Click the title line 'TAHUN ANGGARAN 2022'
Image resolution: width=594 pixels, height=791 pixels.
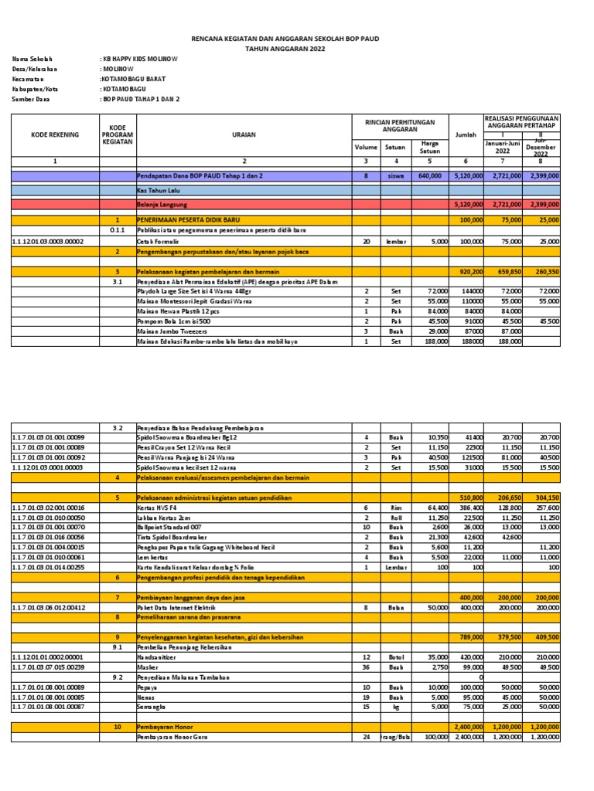286,48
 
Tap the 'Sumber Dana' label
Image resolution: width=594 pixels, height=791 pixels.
30,99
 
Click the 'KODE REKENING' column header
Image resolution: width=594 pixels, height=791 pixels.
55,135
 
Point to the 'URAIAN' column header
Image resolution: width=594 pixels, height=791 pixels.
244,135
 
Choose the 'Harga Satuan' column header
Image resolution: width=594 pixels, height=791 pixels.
429,147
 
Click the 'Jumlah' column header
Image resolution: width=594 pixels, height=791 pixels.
466,135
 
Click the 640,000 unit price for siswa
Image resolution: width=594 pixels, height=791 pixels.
429,176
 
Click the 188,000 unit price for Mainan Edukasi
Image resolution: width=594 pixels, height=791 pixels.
429,341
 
